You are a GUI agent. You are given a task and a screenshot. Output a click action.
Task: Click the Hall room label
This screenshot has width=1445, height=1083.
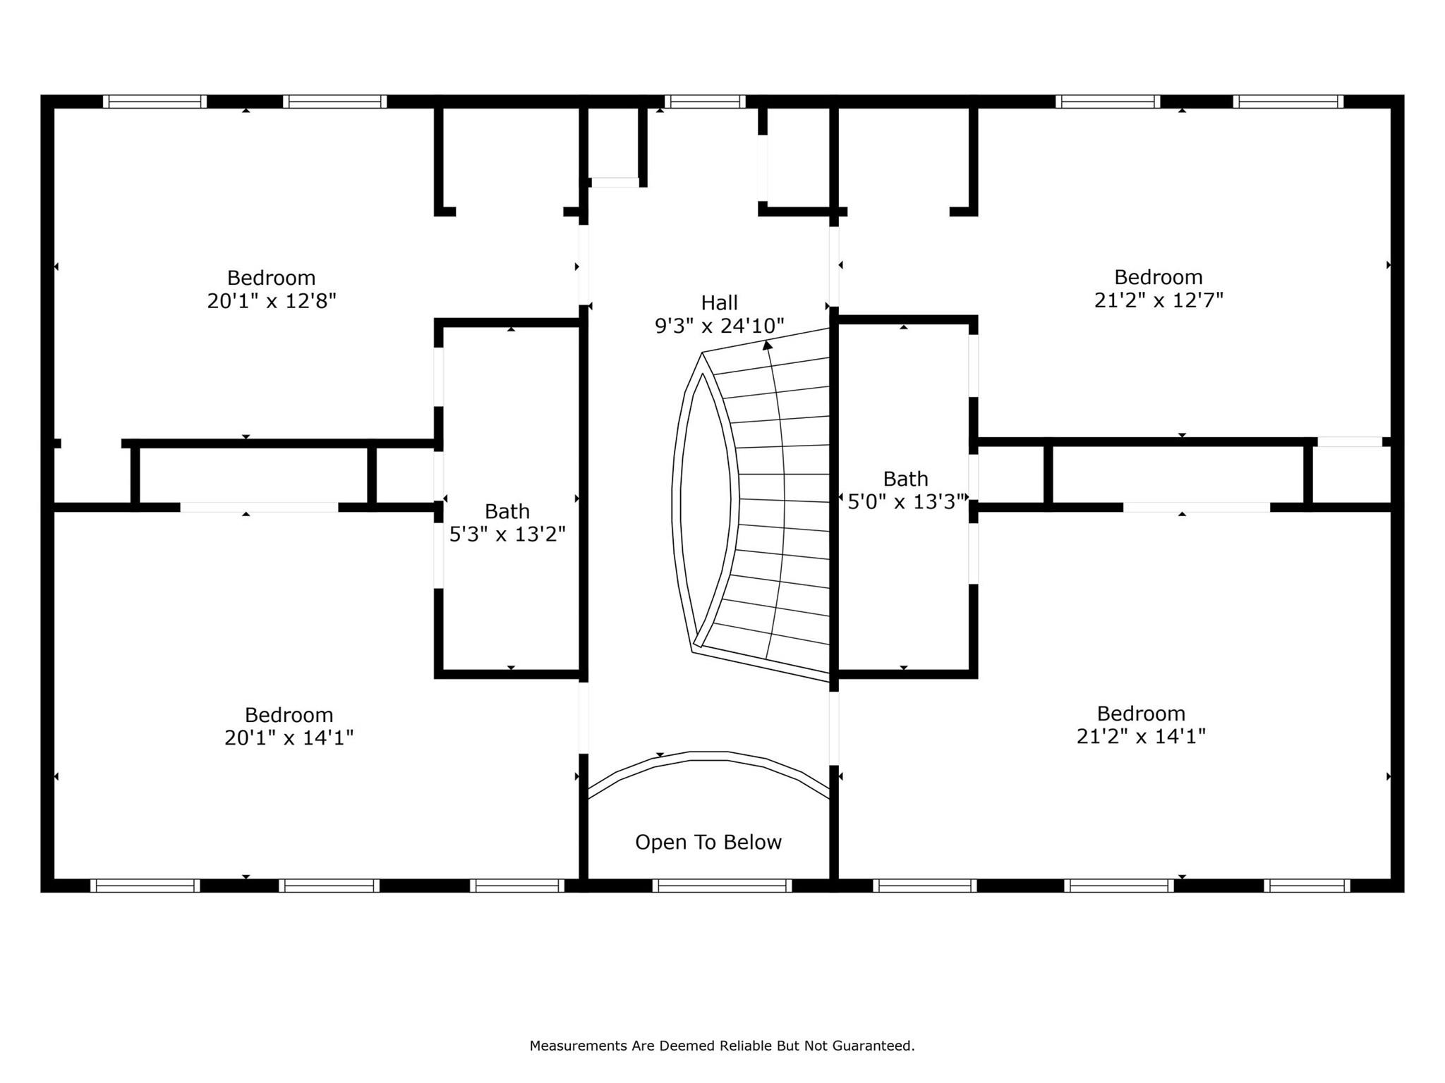tap(719, 302)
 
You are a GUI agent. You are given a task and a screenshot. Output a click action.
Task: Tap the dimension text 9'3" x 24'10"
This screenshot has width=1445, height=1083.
tap(719, 326)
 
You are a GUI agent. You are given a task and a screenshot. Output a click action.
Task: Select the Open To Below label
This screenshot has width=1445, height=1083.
tap(708, 842)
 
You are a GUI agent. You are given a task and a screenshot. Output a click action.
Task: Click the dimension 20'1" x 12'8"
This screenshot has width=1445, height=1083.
tap(272, 301)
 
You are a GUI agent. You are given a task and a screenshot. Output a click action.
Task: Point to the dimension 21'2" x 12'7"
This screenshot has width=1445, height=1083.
tap(1159, 300)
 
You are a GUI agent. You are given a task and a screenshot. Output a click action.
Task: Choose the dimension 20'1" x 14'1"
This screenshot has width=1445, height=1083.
tap(289, 738)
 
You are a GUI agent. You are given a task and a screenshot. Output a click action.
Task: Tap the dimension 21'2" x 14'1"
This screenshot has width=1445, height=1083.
tap(1141, 736)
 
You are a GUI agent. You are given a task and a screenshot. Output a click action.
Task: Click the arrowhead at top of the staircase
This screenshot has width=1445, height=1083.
tap(767, 345)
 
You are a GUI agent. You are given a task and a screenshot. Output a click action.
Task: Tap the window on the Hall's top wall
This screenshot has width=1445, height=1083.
tap(705, 102)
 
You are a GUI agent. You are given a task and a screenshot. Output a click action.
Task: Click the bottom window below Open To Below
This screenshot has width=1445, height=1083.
tap(722, 886)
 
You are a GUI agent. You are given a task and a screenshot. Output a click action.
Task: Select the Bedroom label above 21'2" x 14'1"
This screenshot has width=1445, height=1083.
tap(1141, 713)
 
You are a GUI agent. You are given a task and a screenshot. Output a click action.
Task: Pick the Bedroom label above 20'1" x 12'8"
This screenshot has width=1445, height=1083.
tap(272, 278)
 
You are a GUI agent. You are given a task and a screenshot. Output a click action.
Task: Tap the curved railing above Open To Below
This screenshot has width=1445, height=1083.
tap(708, 757)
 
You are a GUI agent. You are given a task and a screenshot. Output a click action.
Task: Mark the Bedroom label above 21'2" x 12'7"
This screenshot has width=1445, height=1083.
tap(1159, 277)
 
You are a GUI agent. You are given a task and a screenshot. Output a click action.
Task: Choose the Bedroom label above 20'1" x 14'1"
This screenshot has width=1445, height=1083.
tap(289, 714)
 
